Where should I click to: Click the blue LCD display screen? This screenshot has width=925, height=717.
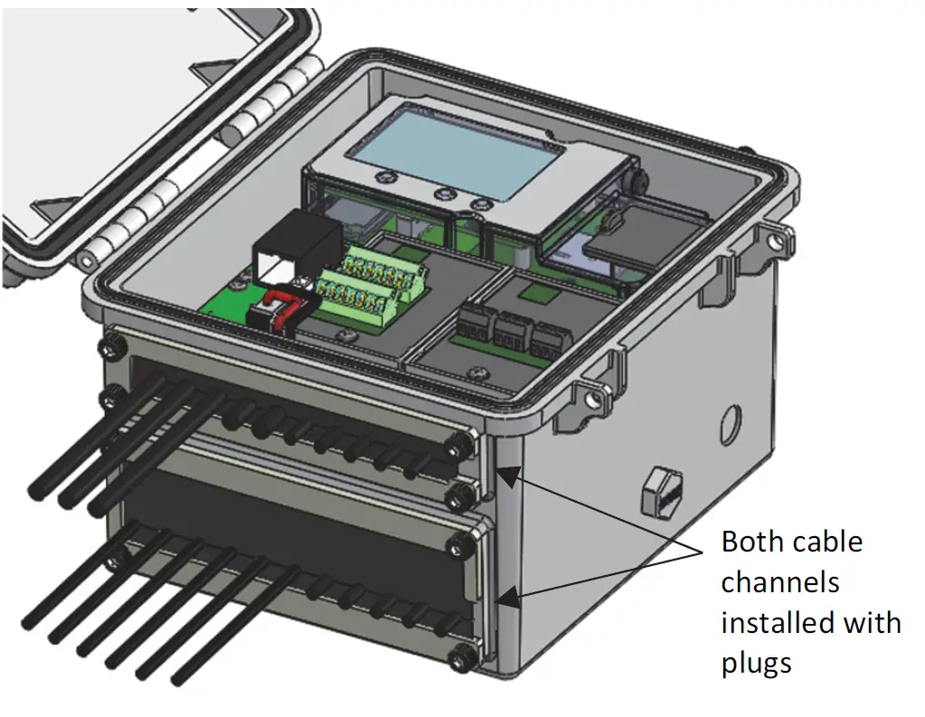461,156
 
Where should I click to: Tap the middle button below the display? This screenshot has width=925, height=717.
442,193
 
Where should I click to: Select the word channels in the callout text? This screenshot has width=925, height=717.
780,582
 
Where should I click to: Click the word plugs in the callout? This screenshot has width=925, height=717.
756,663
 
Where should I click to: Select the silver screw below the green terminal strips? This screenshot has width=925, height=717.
343,335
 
